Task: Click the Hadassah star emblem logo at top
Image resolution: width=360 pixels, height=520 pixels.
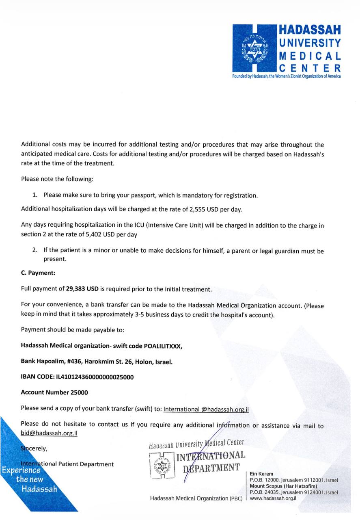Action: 254,48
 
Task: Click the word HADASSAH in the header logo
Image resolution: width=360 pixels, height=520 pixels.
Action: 309,30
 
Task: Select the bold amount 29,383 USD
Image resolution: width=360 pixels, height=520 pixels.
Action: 82,289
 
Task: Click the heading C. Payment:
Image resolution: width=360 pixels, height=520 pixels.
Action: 38,273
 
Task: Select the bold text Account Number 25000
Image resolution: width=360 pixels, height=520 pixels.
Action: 54,392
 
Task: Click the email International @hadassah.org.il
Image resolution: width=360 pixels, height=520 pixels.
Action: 206,409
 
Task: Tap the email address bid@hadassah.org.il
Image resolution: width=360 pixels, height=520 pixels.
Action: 49,433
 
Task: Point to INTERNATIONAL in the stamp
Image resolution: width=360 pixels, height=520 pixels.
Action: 210,456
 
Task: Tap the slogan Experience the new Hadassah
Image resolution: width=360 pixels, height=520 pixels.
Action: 28,480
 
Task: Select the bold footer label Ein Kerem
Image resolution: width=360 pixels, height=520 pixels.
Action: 262,474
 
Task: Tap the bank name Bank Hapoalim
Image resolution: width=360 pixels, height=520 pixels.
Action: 43,362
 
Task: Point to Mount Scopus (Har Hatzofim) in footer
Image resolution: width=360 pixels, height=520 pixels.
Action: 283,486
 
